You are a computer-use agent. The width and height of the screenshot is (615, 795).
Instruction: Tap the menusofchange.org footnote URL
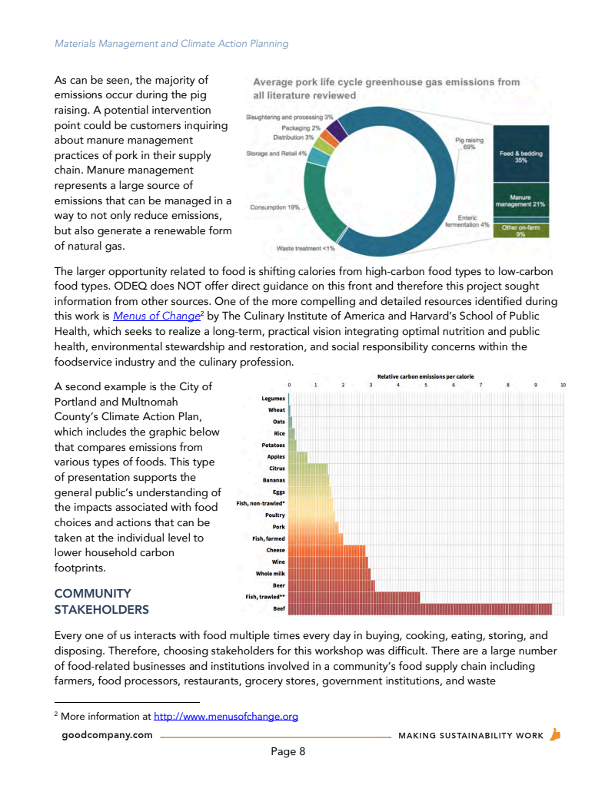[226, 717]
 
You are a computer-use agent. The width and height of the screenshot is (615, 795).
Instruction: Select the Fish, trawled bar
[354, 597]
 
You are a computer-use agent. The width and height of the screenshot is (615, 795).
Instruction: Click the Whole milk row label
[270, 573]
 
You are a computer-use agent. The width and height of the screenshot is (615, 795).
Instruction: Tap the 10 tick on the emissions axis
[563, 384]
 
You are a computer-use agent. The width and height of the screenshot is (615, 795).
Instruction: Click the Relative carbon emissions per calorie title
[426, 376]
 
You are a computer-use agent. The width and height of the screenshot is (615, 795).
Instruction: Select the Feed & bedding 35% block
[520, 156]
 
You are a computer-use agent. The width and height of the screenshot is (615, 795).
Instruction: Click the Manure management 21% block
[520, 201]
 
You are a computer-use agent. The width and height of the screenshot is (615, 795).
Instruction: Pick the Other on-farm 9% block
[520, 230]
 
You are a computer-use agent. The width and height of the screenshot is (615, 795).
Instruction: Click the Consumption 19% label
[274, 207]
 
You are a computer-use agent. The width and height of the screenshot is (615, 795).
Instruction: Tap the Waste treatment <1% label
[305, 248]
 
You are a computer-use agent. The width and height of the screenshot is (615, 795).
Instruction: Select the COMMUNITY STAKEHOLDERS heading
[101, 601]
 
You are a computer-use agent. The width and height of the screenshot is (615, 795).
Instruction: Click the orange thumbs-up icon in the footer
[556, 734]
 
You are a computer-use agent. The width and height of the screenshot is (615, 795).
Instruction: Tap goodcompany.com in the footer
[108, 735]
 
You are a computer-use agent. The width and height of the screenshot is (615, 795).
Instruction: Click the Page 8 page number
[288, 751]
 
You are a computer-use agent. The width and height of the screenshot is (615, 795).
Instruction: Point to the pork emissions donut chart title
[386, 88]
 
